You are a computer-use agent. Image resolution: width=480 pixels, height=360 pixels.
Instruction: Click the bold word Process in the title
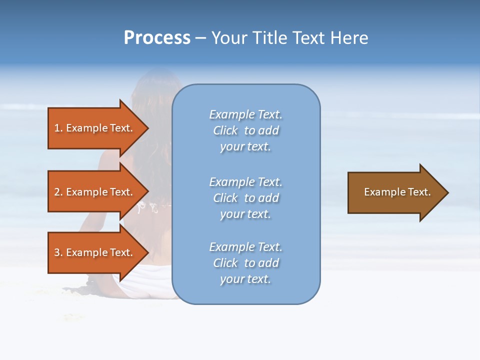pos(157,38)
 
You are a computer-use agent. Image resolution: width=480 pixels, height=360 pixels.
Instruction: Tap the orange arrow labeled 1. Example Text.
pos(95,128)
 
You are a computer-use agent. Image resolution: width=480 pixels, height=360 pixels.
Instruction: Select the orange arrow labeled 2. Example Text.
pos(95,192)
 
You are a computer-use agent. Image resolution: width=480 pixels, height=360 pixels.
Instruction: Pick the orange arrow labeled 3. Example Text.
pos(95,252)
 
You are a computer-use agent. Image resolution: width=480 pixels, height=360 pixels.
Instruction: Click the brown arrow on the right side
pos(395,192)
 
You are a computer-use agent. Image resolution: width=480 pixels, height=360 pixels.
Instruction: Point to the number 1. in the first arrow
pos(58,128)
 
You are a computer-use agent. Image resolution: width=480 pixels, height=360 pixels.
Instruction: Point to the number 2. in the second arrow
pos(58,192)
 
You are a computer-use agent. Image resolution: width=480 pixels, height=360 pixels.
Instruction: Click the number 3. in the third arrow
pos(58,252)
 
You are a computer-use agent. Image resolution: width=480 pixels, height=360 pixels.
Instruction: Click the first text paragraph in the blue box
pos(245,130)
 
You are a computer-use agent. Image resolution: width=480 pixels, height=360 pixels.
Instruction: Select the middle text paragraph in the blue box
pos(245,198)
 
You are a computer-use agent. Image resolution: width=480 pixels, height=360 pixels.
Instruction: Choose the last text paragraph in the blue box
pos(245,263)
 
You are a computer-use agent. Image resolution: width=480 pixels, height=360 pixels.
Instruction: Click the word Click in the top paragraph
pos(225,130)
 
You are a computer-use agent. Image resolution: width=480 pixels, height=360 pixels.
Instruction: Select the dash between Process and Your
pos(200,38)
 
